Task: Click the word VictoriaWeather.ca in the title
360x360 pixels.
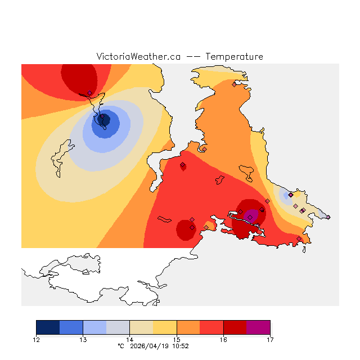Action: pyautogui.click(x=138, y=57)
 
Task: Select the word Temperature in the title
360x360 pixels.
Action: pyautogui.click(x=234, y=57)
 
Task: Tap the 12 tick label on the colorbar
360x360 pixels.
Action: pyautogui.click(x=36, y=339)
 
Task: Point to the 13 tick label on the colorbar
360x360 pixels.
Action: pyautogui.click(x=83, y=339)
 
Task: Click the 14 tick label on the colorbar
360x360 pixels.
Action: pyautogui.click(x=129, y=339)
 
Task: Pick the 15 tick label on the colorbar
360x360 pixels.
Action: pyautogui.click(x=177, y=339)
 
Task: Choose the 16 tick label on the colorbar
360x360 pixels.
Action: pyautogui.click(x=223, y=339)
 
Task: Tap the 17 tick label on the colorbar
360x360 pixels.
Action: pyautogui.click(x=270, y=339)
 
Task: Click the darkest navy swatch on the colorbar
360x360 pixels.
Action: pyautogui.click(x=48, y=327)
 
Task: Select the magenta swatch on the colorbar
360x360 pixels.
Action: pyautogui.click(x=258, y=327)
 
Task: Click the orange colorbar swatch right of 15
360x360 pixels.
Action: pyautogui.click(x=188, y=327)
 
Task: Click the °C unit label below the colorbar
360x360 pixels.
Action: pyautogui.click(x=120, y=346)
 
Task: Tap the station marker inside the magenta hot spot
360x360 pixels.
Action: pyautogui.click(x=250, y=217)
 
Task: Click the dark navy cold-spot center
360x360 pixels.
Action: pyautogui.click(x=103, y=119)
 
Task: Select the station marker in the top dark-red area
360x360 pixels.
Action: pyautogui.click(x=89, y=93)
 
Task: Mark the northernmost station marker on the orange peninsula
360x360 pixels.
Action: pyautogui.click(x=234, y=85)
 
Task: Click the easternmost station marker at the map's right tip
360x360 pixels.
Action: pyautogui.click(x=328, y=217)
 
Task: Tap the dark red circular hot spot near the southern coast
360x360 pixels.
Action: pyautogui.click(x=185, y=229)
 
